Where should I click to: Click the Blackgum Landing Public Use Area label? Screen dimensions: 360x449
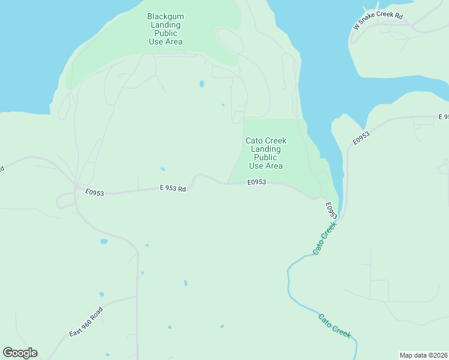[x=166, y=29]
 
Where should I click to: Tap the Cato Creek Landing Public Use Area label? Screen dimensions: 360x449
[x=266, y=153]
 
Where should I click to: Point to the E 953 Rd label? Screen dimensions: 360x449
[x=173, y=188]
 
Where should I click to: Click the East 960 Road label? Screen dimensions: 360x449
[x=86, y=322]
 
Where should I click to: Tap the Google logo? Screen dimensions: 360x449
[x=20, y=353]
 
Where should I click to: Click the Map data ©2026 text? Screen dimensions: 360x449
[x=423, y=355]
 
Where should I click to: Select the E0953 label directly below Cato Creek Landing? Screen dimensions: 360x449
[x=257, y=182]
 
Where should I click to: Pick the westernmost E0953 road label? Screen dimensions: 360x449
[x=95, y=193]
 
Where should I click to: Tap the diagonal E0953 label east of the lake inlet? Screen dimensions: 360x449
[x=361, y=137]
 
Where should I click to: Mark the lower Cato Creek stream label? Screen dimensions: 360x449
[x=334, y=326]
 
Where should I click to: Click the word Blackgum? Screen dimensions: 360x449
[x=166, y=16]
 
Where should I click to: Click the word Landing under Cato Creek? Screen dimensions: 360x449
[x=266, y=149]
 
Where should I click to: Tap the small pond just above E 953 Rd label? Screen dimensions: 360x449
[x=162, y=169]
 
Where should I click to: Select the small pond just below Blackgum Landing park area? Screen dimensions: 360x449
[x=202, y=83]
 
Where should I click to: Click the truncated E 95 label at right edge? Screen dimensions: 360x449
[x=443, y=116]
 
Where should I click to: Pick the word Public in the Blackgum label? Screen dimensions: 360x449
[x=166, y=33]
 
